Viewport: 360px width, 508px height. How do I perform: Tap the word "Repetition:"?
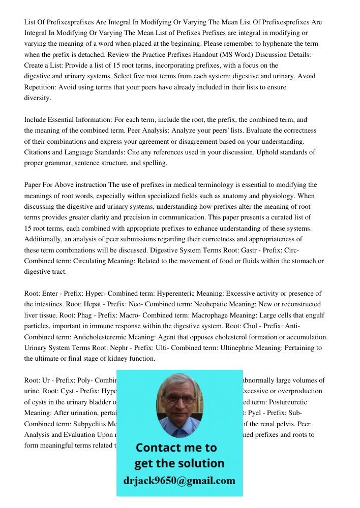[x=40, y=87]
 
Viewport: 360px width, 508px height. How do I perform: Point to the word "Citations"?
[x=40, y=152]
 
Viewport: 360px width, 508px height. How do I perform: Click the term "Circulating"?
[x=89, y=261]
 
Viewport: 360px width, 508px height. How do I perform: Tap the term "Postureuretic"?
[x=299, y=402]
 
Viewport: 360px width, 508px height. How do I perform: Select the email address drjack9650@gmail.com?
[x=179, y=481]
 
